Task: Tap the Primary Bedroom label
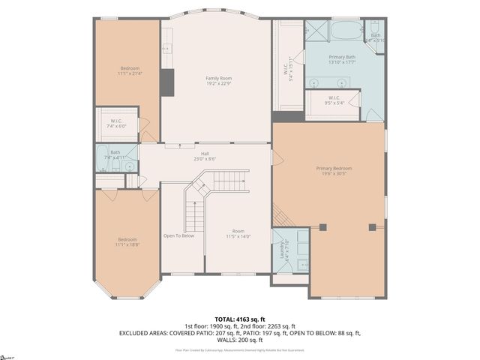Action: pyautogui.click(x=334, y=171)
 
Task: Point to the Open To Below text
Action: pyautogui.click(x=179, y=235)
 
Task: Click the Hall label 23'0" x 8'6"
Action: pyautogui.click(x=204, y=156)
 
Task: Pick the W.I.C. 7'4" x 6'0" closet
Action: pyautogui.click(x=116, y=124)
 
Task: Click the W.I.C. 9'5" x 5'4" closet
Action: pyautogui.click(x=334, y=100)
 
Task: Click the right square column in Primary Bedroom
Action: pyautogui.click(x=370, y=226)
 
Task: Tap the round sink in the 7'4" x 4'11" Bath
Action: pyautogui.click(x=130, y=165)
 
